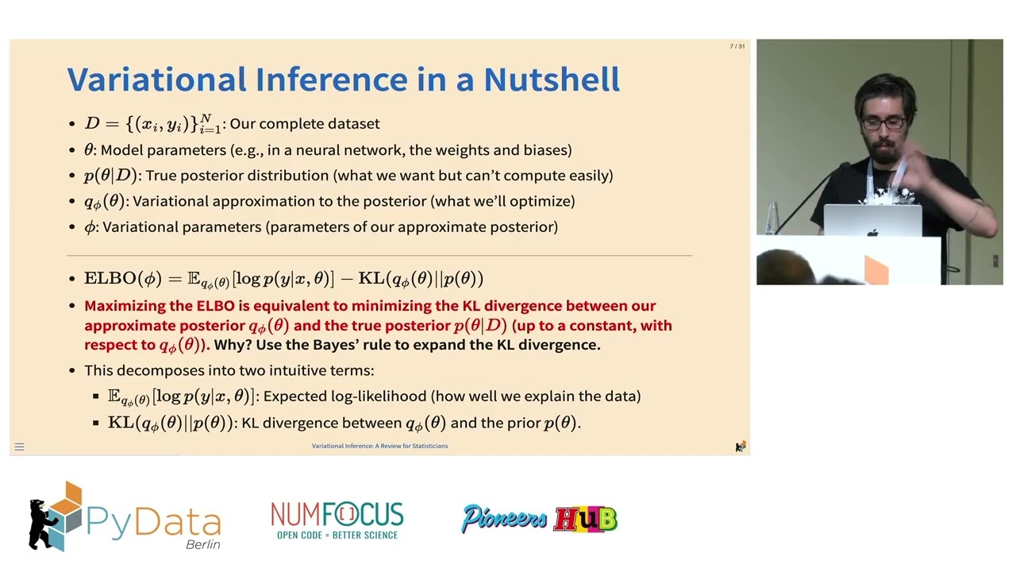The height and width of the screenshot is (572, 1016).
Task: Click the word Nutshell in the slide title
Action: [x=552, y=79]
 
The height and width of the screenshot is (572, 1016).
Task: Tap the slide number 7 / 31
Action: [x=737, y=47]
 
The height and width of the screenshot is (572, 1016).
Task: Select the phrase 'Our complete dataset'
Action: [x=305, y=124]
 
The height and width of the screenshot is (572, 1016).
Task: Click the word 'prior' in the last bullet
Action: [x=521, y=423]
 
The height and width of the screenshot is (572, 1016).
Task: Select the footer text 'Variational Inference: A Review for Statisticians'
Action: [x=379, y=446]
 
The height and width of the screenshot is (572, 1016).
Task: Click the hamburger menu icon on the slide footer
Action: [x=20, y=446]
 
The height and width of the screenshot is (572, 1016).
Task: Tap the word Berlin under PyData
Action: [x=202, y=544]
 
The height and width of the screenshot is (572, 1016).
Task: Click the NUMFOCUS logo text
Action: [x=337, y=515]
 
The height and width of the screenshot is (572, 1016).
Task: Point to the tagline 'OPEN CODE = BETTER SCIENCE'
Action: [x=337, y=535]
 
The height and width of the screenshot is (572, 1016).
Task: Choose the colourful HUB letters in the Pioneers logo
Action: [x=585, y=520]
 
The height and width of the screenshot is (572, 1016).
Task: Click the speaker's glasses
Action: [x=883, y=123]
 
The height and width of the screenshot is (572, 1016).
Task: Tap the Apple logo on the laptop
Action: [x=872, y=233]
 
